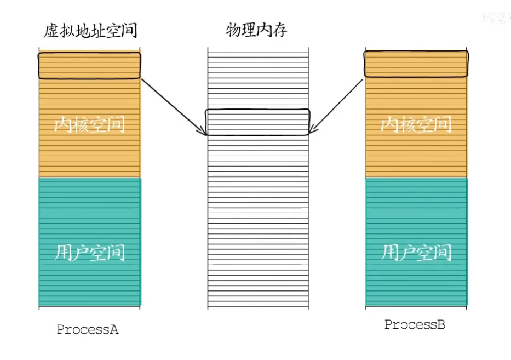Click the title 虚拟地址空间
(x=90, y=31)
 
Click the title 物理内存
(x=256, y=31)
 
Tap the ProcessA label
(x=88, y=330)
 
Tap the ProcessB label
(x=415, y=325)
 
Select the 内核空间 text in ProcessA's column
(x=90, y=125)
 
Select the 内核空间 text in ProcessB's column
(x=416, y=125)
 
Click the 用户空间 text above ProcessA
(x=90, y=253)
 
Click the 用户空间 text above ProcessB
(x=416, y=253)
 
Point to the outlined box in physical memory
(x=257, y=122)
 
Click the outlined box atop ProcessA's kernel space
(x=89, y=65)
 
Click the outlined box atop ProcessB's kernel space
(x=416, y=64)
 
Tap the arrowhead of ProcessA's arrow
(x=203, y=132)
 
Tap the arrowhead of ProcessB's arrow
(x=312, y=131)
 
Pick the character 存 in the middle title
(x=279, y=31)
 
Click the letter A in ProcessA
(x=114, y=330)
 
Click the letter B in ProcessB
(x=441, y=325)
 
